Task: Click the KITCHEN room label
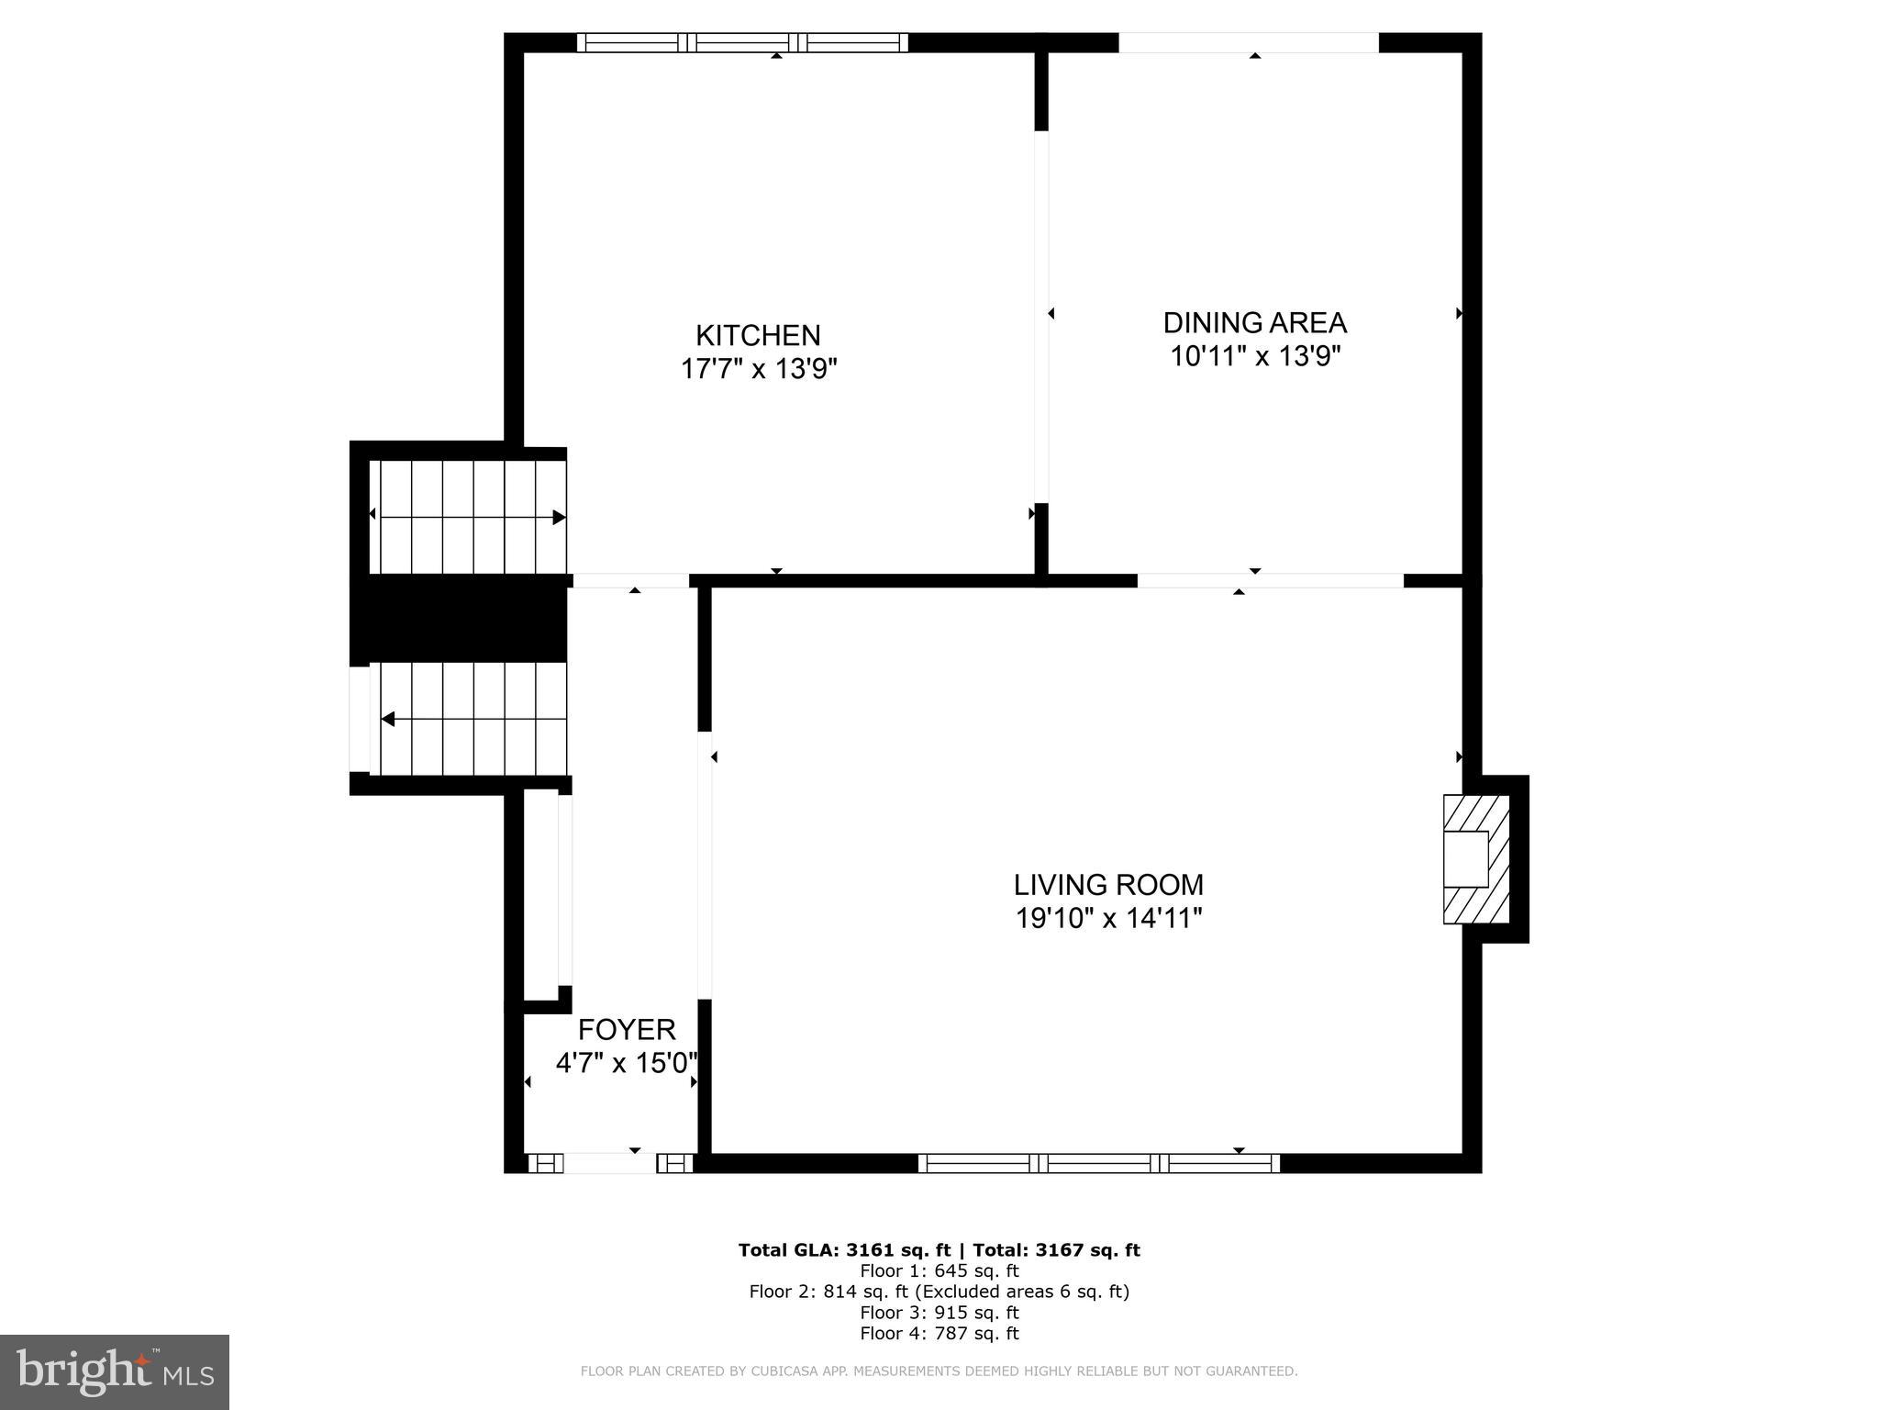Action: point(758,335)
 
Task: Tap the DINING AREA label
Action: point(1254,323)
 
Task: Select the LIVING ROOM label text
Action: point(1108,885)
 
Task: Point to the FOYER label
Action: point(627,1029)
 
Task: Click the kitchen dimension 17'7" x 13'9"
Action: point(758,369)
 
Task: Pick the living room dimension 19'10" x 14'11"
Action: point(1108,918)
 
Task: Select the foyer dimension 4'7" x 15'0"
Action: point(627,1063)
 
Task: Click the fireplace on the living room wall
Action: point(1474,859)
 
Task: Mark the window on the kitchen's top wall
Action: point(742,42)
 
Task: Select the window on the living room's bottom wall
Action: point(1098,1163)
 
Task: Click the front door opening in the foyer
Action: point(609,1163)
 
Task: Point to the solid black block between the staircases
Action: point(459,618)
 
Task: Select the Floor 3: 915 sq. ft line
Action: point(939,1313)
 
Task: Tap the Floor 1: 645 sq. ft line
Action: point(939,1271)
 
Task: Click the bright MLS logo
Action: point(115,1372)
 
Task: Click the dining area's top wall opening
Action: point(1248,42)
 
